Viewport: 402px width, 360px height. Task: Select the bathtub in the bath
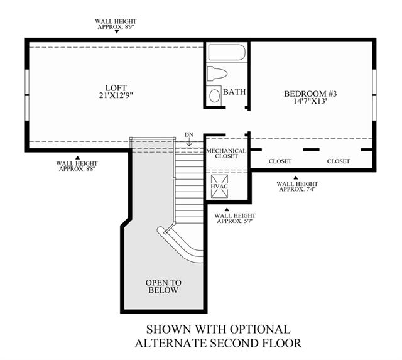[x=227, y=53]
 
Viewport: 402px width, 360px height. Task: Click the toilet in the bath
[x=217, y=73]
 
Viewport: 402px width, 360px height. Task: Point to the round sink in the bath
[x=215, y=95]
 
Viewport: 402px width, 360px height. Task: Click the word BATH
[x=234, y=92]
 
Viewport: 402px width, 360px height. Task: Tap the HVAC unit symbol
[x=219, y=187]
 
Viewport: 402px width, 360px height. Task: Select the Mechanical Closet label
[x=226, y=153]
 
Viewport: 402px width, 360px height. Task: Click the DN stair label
[x=188, y=134]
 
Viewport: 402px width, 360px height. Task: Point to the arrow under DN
[x=189, y=142]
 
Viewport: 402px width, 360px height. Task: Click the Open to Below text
[x=163, y=286]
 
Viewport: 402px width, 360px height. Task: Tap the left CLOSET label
[x=280, y=161]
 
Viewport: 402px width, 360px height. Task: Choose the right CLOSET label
[x=339, y=161]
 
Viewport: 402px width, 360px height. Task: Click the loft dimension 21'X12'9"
[x=116, y=95]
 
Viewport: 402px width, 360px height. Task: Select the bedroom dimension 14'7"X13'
[x=310, y=101]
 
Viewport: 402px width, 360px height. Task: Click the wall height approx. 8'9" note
[x=116, y=24]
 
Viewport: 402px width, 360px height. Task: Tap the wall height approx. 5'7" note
[x=235, y=219]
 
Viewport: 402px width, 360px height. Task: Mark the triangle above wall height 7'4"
[x=296, y=177]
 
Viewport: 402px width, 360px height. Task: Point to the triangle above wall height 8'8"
[x=77, y=158]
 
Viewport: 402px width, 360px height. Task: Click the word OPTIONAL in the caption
[x=259, y=329]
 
